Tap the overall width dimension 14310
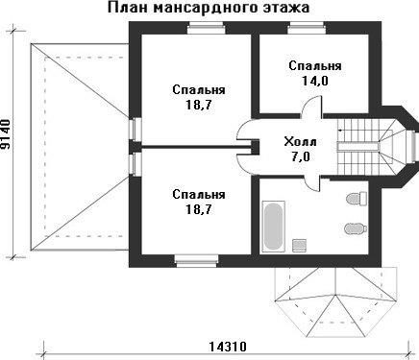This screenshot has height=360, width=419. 228,347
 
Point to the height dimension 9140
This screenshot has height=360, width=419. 6,134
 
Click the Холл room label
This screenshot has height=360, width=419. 300,141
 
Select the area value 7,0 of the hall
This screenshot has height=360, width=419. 301,156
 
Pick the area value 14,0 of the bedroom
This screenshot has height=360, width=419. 315,81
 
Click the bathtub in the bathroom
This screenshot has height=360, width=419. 273,227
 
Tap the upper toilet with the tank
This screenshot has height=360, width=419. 357,198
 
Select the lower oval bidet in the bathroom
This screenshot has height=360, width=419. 356,228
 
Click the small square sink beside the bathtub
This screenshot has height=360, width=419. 300,245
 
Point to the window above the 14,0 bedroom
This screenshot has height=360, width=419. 307,28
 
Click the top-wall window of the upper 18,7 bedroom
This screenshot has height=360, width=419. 207,28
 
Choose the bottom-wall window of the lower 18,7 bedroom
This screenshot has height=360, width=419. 196,261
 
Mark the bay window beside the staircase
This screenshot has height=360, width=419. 412,147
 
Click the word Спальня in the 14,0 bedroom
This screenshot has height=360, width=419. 315,65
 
